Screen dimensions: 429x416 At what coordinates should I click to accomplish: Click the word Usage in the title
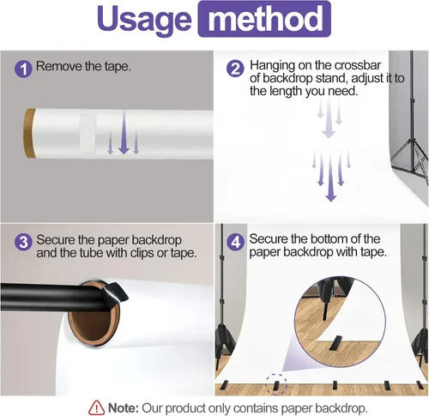pyautogui.click(x=144, y=19)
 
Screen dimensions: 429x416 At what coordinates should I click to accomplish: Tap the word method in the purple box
pyautogui.click(x=265, y=19)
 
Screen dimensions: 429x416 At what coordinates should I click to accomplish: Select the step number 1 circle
pyautogui.click(x=23, y=69)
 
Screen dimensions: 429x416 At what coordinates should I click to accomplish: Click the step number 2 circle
pyautogui.click(x=235, y=69)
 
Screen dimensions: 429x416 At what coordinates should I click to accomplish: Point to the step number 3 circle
pyautogui.click(x=23, y=242)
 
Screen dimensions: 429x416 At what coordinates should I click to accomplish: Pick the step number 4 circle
pyautogui.click(x=235, y=242)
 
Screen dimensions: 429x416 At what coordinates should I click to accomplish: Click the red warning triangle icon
pyautogui.click(x=96, y=407)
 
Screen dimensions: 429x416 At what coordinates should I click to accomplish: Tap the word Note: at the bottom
pyautogui.click(x=124, y=407)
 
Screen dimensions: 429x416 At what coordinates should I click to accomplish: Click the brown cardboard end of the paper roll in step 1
pyautogui.click(x=29, y=133)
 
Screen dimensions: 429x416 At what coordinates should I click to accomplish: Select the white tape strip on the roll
pyautogui.click(x=88, y=133)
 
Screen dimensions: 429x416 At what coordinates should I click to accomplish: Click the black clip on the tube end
pyautogui.click(x=114, y=293)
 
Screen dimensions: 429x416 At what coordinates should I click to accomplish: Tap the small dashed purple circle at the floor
pyautogui.click(x=276, y=384)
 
